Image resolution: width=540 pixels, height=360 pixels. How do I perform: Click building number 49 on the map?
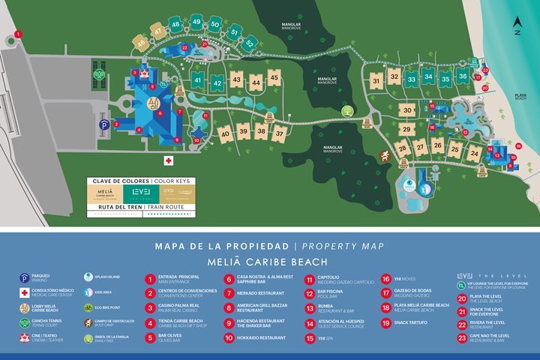(x=196, y=22)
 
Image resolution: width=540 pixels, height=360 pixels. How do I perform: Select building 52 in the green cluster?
(x=249, y=43)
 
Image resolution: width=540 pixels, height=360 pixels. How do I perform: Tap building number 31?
(x=376, y=80)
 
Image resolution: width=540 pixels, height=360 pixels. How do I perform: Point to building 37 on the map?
(x=279, y=133)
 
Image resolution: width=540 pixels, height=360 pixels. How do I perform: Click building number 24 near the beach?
(x=474, y=153)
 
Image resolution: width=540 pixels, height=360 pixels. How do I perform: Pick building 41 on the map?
(x=198, y=79)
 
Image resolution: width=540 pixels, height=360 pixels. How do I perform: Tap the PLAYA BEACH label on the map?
(x=520, y=99)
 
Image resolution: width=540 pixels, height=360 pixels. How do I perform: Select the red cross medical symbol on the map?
(x=169, y=160)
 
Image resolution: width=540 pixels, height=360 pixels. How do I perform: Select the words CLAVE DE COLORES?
(x=118, y=181)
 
